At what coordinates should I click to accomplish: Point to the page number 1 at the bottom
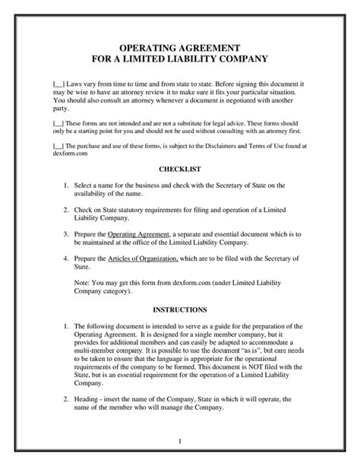coord(179,441)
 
